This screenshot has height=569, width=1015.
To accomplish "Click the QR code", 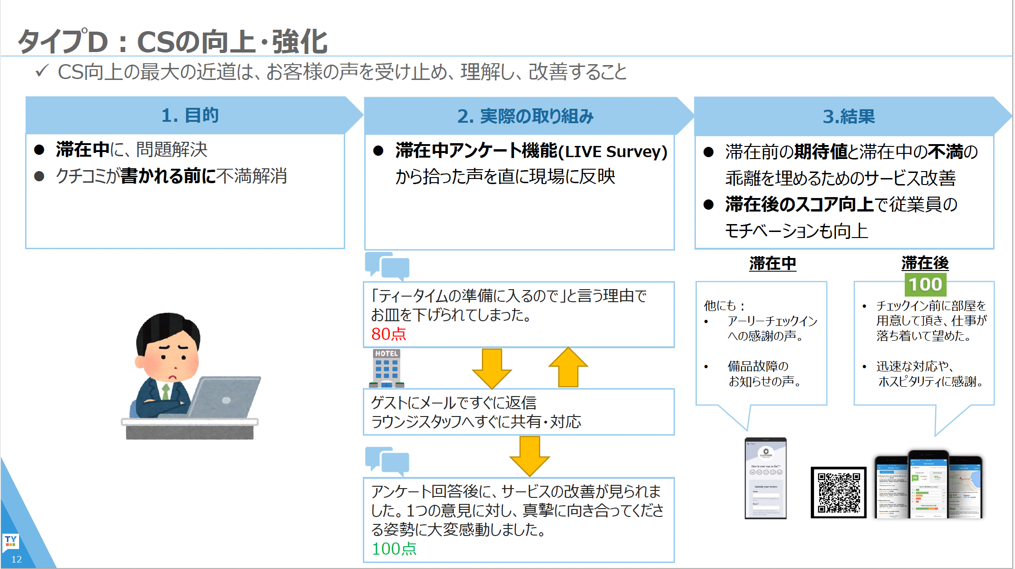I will (x=838, y=492).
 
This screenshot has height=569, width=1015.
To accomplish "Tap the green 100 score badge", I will (x=925, y=284).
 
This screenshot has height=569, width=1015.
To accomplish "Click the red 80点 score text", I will (x=388, y=334).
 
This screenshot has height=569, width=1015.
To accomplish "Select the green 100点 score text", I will (x=394, y=549).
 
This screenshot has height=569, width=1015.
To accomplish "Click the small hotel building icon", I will (x=387, y=368).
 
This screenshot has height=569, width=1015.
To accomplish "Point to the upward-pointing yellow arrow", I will (x=568, y=367).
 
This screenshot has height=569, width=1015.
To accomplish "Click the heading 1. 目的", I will (x=190, y=115).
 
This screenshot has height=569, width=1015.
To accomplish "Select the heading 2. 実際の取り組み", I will (x=525, y=116).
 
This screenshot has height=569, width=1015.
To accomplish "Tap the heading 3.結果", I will (x=848, y=116).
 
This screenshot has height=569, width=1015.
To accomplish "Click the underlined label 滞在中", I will (x=773, y=264).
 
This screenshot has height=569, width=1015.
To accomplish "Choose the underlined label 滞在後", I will (x=925, y=263).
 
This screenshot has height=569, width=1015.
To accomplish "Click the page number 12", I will (x=16, y=559).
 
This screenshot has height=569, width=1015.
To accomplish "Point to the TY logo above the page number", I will (x=11, y=541).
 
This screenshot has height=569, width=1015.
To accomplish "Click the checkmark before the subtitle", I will (x=42, y=71).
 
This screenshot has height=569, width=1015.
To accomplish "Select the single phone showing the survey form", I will (x=766, y=478).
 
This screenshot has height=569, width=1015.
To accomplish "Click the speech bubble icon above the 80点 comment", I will (x=387, y=266).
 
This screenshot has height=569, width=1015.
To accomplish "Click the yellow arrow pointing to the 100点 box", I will (x=529, y=456).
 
